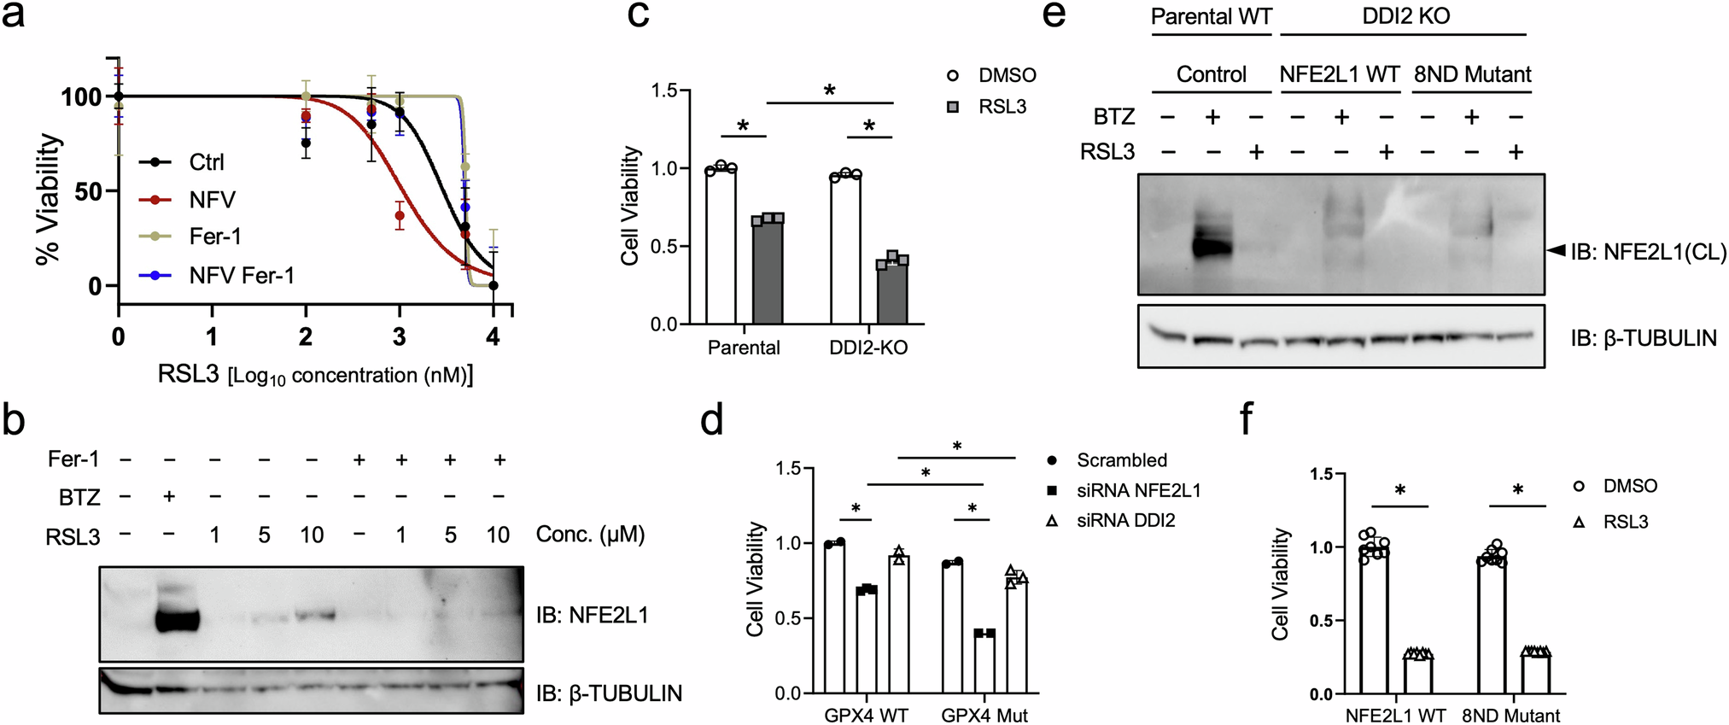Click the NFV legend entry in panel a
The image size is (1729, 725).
212,200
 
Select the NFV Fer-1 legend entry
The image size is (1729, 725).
242,275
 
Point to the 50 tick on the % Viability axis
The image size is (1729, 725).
87,191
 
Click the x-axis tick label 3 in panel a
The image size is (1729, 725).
399,337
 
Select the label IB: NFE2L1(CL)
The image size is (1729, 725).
1649,252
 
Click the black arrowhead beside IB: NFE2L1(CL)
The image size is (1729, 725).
1557,250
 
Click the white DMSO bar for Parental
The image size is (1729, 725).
721,246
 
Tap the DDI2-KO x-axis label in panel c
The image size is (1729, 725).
868,348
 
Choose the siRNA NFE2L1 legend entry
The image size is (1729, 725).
1138,490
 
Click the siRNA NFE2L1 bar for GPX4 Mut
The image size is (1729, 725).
984,663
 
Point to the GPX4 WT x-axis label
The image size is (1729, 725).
866,715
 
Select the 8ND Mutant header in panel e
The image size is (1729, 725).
1472,74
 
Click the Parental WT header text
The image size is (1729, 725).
1212,16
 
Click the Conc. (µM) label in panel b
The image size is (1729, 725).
590,535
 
